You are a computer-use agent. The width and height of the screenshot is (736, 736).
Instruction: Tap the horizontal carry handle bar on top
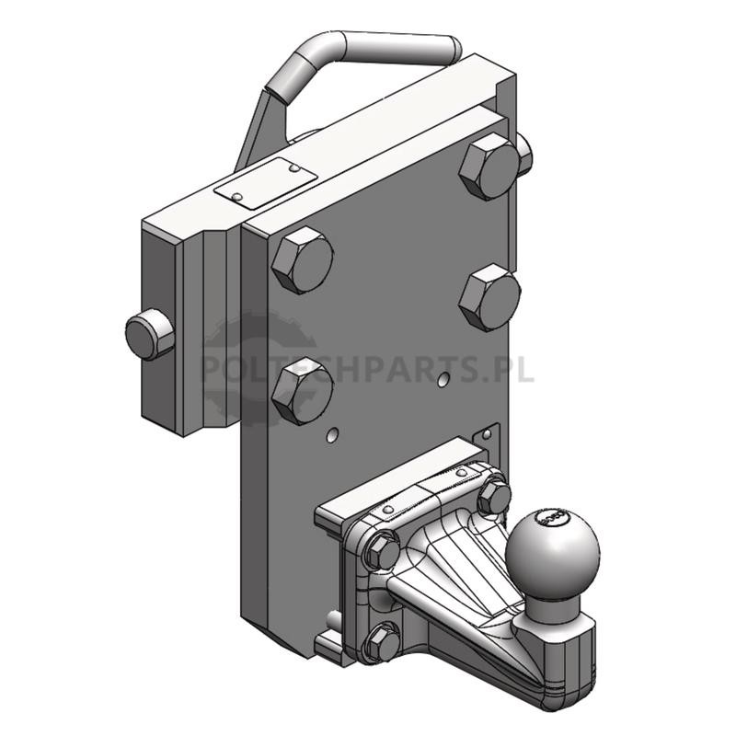pos(399,46)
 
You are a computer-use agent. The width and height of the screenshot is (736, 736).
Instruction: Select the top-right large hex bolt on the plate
pos(489,167)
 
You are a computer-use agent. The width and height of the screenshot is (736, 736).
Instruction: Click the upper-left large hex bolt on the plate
pos(303,260)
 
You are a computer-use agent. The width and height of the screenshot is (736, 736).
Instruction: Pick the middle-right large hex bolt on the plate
pos(489,298)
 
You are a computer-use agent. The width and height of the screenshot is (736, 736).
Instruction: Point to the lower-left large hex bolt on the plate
pos(303,391)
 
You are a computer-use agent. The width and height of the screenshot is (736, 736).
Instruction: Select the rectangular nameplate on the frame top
pos(266,183)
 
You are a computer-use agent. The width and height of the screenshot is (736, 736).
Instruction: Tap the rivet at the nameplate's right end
pos(293,167)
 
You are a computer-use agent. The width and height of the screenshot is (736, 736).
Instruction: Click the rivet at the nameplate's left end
pos(238,197)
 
